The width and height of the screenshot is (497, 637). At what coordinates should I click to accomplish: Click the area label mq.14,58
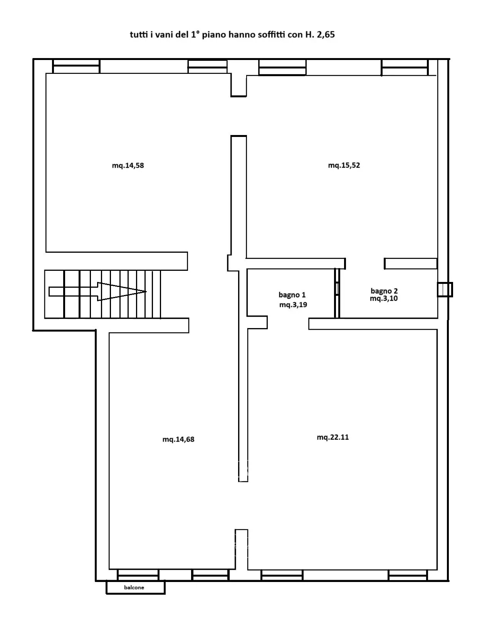click(x=128, y=166)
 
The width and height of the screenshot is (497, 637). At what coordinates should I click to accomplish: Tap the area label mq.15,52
click(x=344, y=165)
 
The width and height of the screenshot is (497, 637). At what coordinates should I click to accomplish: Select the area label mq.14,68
click(x=178, y=439)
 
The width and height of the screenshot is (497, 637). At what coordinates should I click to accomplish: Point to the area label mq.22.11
click(x=332, y=437)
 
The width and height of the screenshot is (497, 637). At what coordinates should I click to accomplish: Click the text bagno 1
click(x=292, y=295)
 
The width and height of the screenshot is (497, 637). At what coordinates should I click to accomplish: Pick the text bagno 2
click(x=384, y=291)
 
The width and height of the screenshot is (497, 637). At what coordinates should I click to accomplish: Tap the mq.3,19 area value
click(x=293, y=305)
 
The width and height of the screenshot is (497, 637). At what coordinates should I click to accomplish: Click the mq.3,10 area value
click(x=384, y=298)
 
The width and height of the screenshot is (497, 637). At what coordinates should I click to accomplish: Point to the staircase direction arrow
click(x=97, y=292)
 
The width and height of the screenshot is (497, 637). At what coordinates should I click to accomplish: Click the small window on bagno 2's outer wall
click(x=445, y=289)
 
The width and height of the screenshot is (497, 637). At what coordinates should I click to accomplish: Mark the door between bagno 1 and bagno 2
click(x=337, y=293)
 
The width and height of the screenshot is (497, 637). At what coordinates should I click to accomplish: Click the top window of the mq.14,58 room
click(x=76, y=66)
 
